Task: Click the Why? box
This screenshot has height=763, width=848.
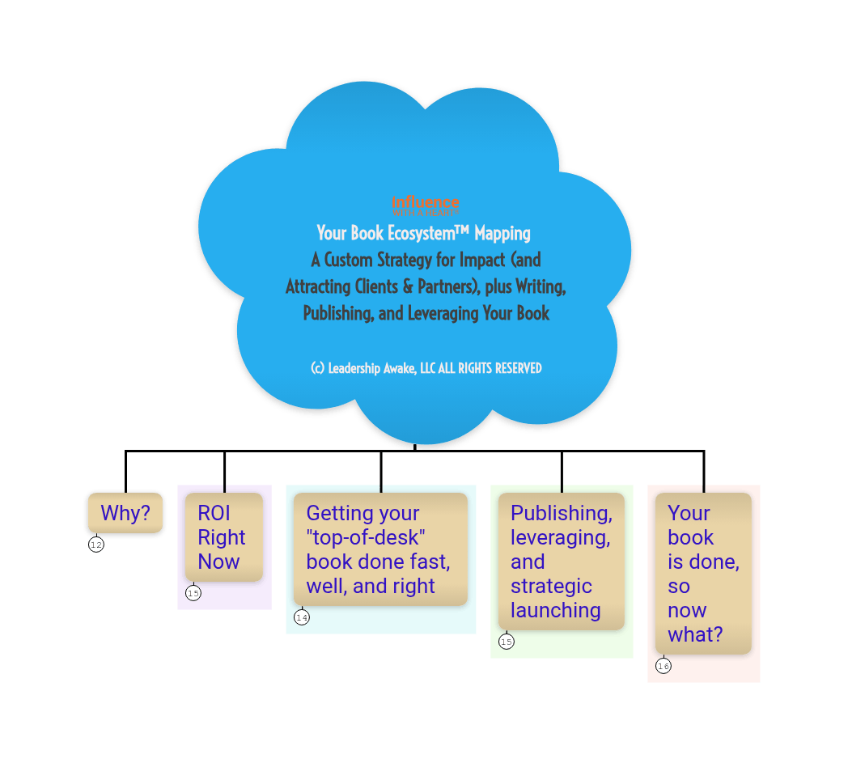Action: coord(125,514)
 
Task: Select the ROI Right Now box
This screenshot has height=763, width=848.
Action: coord(224,537)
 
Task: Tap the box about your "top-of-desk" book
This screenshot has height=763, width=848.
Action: coord(380,549)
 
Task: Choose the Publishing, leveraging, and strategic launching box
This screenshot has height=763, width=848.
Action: coord(562,562)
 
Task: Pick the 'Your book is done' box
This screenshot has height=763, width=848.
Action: coord(703,574)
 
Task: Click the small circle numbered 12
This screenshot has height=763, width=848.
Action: coord(96,545)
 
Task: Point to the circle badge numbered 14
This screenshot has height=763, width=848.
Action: coord(302,618)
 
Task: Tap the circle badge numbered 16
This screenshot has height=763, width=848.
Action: coord(664,667)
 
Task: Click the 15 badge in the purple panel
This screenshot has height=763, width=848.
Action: coord(193,594)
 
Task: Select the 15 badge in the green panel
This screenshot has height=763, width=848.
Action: coord(507,642)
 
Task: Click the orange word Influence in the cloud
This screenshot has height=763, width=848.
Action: coord(426,202)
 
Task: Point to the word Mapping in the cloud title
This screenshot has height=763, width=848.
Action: coord(502,234)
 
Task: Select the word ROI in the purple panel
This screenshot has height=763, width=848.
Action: coord(214,513)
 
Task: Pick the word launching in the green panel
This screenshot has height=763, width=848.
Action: coord(556,610)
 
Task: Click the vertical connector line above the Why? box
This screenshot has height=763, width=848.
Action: coord(125,470)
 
